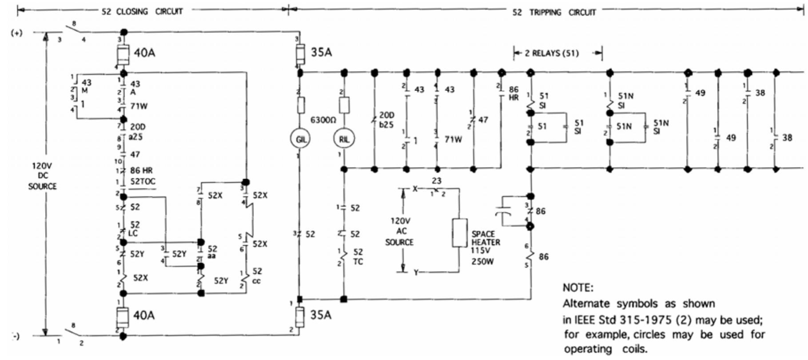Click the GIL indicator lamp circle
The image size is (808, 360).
pos(300,139)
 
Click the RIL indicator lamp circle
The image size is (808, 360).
pos(344,139)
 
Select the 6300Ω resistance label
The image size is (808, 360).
pos(323,120)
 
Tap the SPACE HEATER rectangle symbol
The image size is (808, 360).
pos(459,232)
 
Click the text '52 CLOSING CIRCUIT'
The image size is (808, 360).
pos(142,12)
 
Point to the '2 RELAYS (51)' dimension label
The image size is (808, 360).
pos(552,53)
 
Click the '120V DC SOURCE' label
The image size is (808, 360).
pos(43,176)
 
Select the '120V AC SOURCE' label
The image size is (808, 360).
pos(399,231)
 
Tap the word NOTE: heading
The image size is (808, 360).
pos(577,288)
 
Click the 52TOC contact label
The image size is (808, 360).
pos(142,181)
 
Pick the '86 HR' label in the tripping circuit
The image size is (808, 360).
pos(513,93)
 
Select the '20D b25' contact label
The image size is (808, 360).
pos(386,120)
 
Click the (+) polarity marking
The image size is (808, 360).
pos(16,33)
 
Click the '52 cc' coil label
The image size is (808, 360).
pos(257,276)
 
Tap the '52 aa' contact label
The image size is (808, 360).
pos(212,252)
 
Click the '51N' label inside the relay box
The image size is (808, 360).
pos(624,127)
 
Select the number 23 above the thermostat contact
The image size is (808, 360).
pos(436,181)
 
